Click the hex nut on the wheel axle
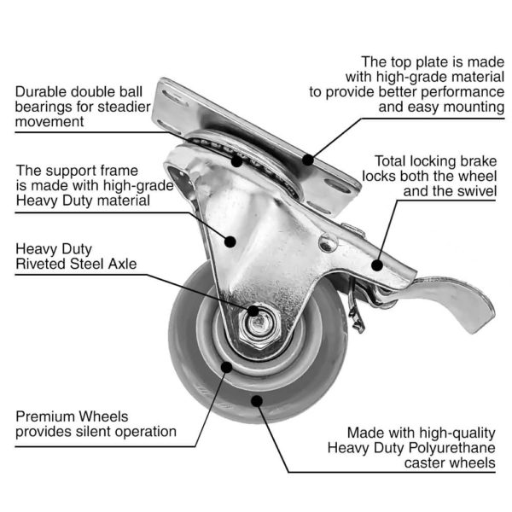259,325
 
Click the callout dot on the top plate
307,160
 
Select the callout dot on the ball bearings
236,161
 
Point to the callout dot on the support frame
230,241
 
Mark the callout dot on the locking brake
377,265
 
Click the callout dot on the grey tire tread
257,401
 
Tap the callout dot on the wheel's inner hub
226,367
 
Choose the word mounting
474,108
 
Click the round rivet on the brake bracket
328,243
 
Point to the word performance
463,93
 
